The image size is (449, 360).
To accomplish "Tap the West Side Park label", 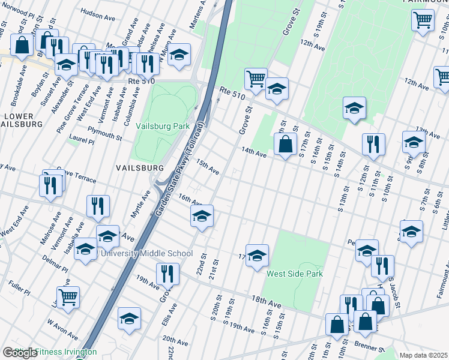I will [295, 274].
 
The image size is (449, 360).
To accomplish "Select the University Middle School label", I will [145, 254].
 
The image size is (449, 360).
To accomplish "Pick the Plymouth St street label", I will [104, 136].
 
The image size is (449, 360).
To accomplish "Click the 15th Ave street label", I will [207, 167].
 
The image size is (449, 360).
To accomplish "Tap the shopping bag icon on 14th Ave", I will [286, 144].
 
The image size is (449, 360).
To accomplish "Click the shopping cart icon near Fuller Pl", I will [68, 296].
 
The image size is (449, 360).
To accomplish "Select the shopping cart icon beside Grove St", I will [256, 79].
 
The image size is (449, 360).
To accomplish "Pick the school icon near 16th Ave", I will [202, 215].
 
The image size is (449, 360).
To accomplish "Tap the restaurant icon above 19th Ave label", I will [167, 274].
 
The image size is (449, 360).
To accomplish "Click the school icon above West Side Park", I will [257, 255].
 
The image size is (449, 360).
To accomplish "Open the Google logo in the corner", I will [20, 353].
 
